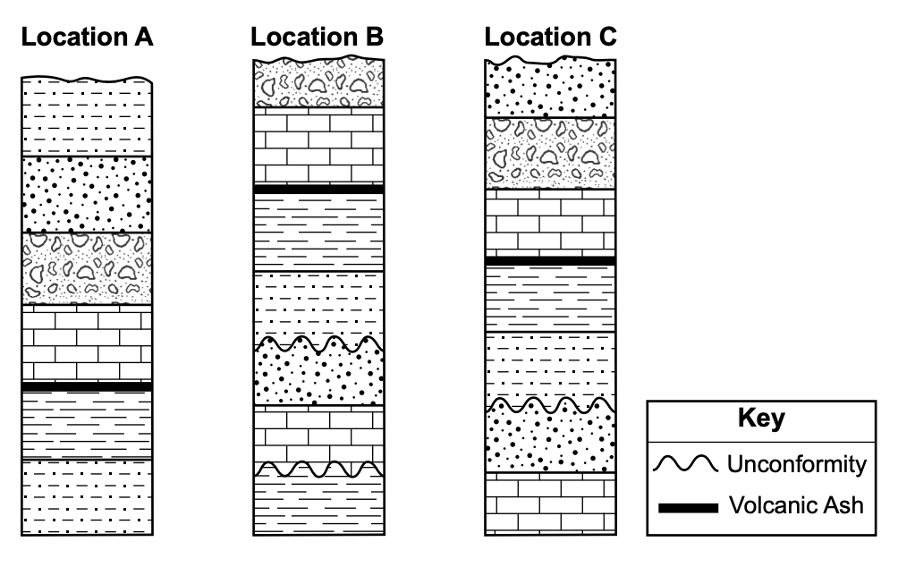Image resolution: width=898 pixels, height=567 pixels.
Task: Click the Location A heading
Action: point(88,38)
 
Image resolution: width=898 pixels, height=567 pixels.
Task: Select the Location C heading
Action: point(550,38)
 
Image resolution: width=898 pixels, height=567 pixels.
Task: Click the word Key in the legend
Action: point(762,418)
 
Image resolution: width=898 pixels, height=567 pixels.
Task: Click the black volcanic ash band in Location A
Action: point(87,386)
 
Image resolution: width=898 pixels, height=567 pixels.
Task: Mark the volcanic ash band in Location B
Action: point(318,190)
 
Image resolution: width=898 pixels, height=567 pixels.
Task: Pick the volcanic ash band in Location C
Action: point(549,260)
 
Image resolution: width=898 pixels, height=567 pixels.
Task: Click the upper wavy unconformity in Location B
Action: point(318,344)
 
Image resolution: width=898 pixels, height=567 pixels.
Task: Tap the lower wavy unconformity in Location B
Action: point(318,469)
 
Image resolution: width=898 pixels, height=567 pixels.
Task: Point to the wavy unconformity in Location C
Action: point(549,406)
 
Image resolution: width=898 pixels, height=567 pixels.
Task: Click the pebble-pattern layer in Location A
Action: point(87,268)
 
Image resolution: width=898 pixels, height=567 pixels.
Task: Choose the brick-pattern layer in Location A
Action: point(87,344)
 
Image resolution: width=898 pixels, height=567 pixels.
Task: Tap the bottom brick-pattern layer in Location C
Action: point(549,504)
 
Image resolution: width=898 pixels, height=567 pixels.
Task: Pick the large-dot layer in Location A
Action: point(87,194)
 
